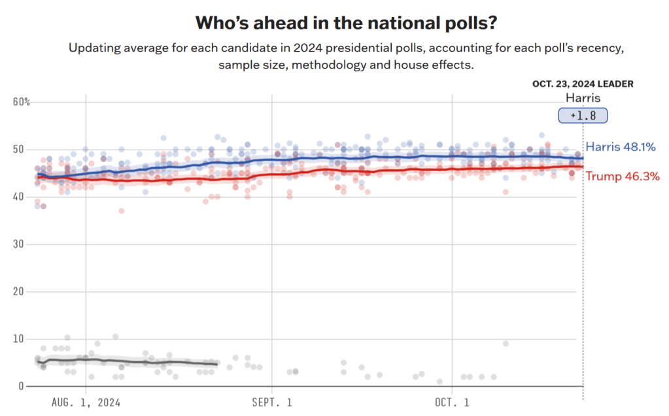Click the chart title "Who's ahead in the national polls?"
tap(346, 24)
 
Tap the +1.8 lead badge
tap(582, 116)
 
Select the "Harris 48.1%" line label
tap(621, 147)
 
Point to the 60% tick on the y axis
tap(22, 102)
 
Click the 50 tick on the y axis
tap(19, 150)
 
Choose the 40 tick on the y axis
tap(19, 197)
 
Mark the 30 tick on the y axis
tap(19, 244)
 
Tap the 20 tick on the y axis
tap(19, 291)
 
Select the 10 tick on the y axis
tap(19, 339)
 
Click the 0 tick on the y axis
tap(22, 386)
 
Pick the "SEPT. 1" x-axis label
tap(273, 402)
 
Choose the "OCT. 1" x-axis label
tap(453, 402)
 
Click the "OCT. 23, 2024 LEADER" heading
tap(582, 84)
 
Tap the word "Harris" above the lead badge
tap(582, 98)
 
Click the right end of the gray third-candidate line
tap(217, 364)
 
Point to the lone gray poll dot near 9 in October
tap(506, 344)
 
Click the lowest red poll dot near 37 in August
tap(121, 211)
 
